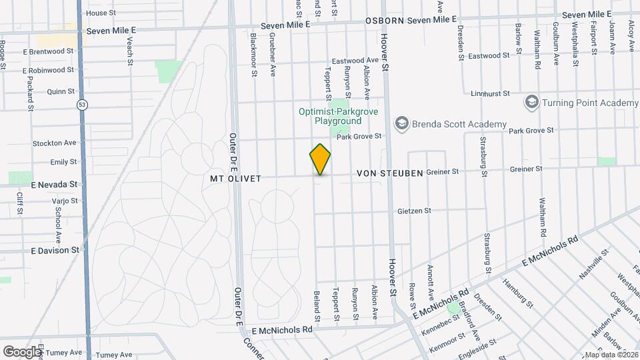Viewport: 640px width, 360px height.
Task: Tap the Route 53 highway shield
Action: click(x=81, y=105)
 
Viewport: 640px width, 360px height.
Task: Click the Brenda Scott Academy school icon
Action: click(x=401, y=124)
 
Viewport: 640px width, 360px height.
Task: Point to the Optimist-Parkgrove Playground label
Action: click(x=338, y=116)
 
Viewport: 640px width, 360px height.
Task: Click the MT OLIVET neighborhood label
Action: click(x=235, y=179)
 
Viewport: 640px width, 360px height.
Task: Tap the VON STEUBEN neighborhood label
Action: click(x=390, y=173)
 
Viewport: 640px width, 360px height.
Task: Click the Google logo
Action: click(x=22, y=351)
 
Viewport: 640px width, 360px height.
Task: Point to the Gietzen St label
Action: click(x=414, y=211)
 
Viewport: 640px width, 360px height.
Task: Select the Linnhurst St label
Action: click(x=490, y=94)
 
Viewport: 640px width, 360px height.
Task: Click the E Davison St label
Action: click(x=55, y=250)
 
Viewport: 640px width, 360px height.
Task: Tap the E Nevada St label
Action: click(x=54, y=184)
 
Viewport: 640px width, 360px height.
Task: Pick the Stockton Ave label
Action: click(x=55, y=143)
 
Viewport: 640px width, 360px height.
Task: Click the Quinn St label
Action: click(x=61, y=91)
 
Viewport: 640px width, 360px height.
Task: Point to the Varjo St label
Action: click(x=65, y=200)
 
